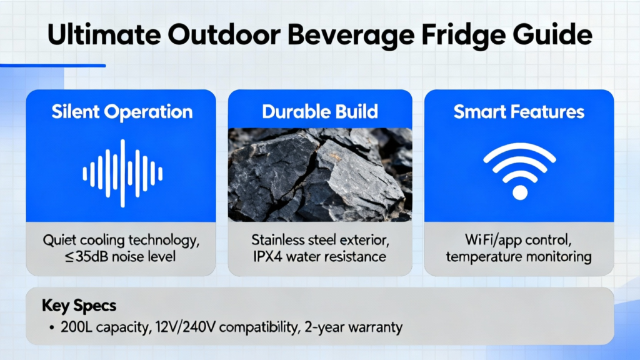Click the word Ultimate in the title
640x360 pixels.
point(104,34)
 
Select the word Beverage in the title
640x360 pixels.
point(351,36)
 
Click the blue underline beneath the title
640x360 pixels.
point(53,65)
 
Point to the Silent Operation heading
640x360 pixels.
point(122,112)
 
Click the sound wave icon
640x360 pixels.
point(122,174)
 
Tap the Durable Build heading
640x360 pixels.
point(320,111)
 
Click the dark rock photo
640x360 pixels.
point(320,175)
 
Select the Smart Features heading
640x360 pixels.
point(519,111)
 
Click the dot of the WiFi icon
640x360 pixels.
point(519,192)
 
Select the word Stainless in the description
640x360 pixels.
point(278,239)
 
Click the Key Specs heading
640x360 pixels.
point(79,306)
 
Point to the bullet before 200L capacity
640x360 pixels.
point(51,327)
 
